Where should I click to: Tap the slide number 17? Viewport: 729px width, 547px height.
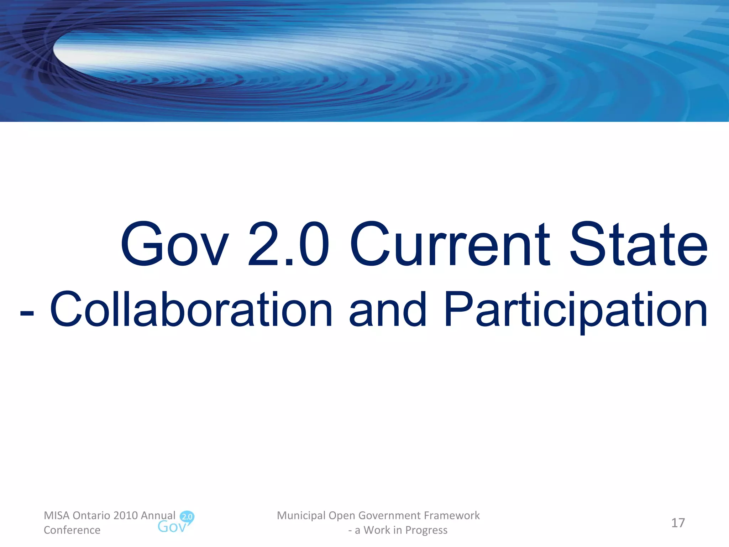(x=678, y=523)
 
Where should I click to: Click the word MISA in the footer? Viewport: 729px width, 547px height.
(x=57, y=515)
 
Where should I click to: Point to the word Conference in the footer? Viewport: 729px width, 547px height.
(x=72, y=530)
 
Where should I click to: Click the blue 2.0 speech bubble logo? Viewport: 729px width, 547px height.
(x=187, y=517)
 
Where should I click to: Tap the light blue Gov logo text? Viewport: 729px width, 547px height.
(x=172, y=527)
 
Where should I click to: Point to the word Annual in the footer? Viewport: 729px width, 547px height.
(x=158, y=515)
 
